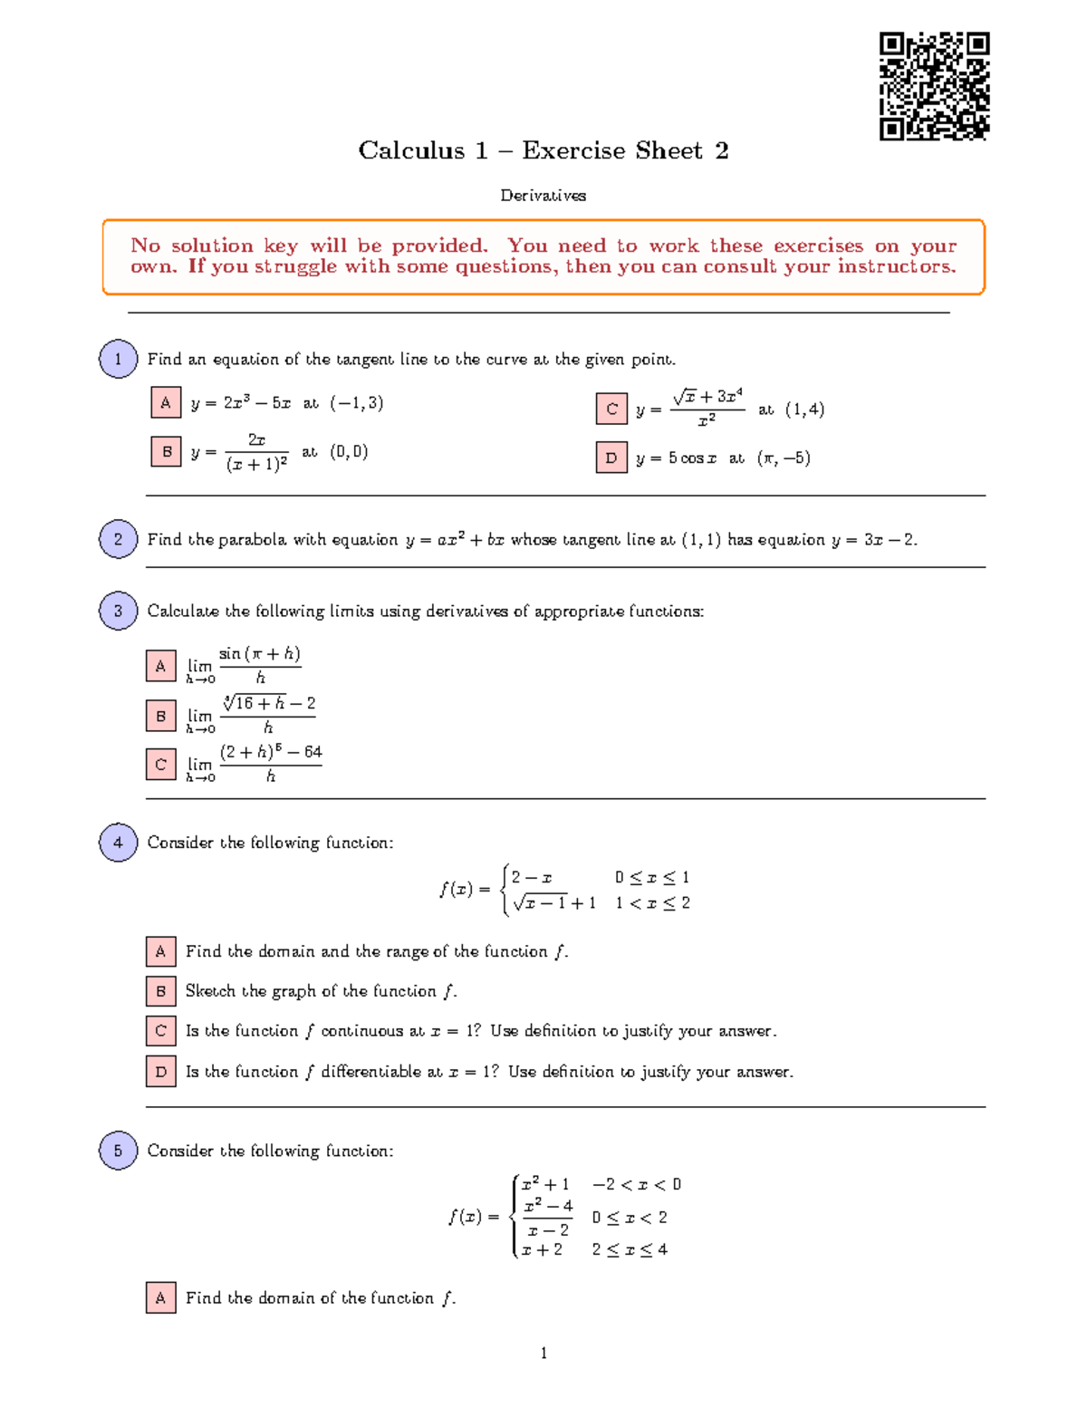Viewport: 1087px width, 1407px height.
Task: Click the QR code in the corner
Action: pyautogui.click(x=934, y=86)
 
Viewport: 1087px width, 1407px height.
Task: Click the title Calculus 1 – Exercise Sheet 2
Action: pyautogui.click(x=543, y=150)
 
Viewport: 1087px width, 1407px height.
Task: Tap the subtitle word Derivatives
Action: pyautogui.click(x=543, y=196)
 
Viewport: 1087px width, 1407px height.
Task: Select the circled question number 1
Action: pyautogui.click(x=118, y=359)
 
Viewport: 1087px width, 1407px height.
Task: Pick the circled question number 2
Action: pyautogui.click(x=118, y=539)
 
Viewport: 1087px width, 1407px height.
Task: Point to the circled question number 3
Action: pyautogui.click(x=118, y=611)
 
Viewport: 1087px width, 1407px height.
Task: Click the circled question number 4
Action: pyautogui.click(x=118, y=843)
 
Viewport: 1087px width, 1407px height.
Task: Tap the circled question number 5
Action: pyautogui.click(x=118, y=1151)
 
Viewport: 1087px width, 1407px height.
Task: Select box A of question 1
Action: pyautogui.click(x=166, y=402)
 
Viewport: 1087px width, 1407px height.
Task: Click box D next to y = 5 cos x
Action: pyautogui.click(x=611, y=458)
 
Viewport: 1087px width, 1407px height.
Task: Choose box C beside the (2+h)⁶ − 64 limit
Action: pyautogui.click(x=160, y=764)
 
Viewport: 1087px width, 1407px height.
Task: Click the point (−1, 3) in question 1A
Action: pyautogui.click(x=357, y=403)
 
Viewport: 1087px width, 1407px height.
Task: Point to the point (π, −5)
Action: pyautogui.click(x=784, y=458)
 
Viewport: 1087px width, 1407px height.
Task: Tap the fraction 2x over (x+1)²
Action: pyautogui.click(x=256, y=452)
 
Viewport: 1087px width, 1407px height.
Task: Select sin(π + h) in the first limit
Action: pyautogui.click(x=260, y=654)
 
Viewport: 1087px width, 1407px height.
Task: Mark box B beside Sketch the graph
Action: pyautogui.click(x=160, y=991)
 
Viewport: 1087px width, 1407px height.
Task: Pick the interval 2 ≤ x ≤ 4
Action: pyautogui.click(x=630, y=1249)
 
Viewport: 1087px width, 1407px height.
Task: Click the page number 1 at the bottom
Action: pyautogui.click(x=543, y=1353)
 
